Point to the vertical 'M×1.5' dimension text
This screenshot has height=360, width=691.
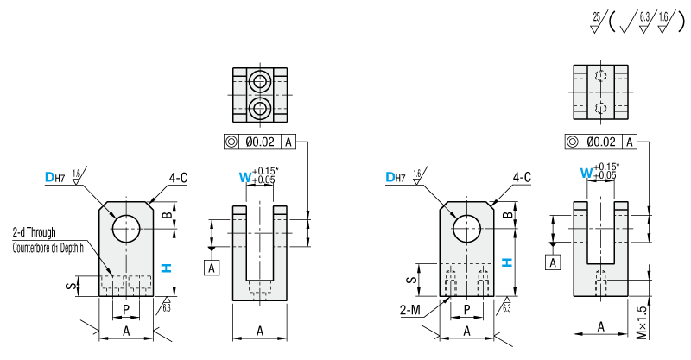pos(666,319)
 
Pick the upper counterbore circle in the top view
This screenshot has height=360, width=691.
pos(260,83)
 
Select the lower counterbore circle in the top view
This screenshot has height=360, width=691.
pos(260,108)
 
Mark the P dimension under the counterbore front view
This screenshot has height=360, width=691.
pos(126,309)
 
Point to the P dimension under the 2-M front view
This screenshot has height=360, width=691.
pos(467,309)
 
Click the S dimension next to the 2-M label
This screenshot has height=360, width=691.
pos(412,280)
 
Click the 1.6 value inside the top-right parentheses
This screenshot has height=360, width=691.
pos(662,16)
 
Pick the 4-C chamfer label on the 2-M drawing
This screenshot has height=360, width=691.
pos(522,177)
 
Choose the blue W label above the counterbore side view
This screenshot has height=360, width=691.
pos(245,177)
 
